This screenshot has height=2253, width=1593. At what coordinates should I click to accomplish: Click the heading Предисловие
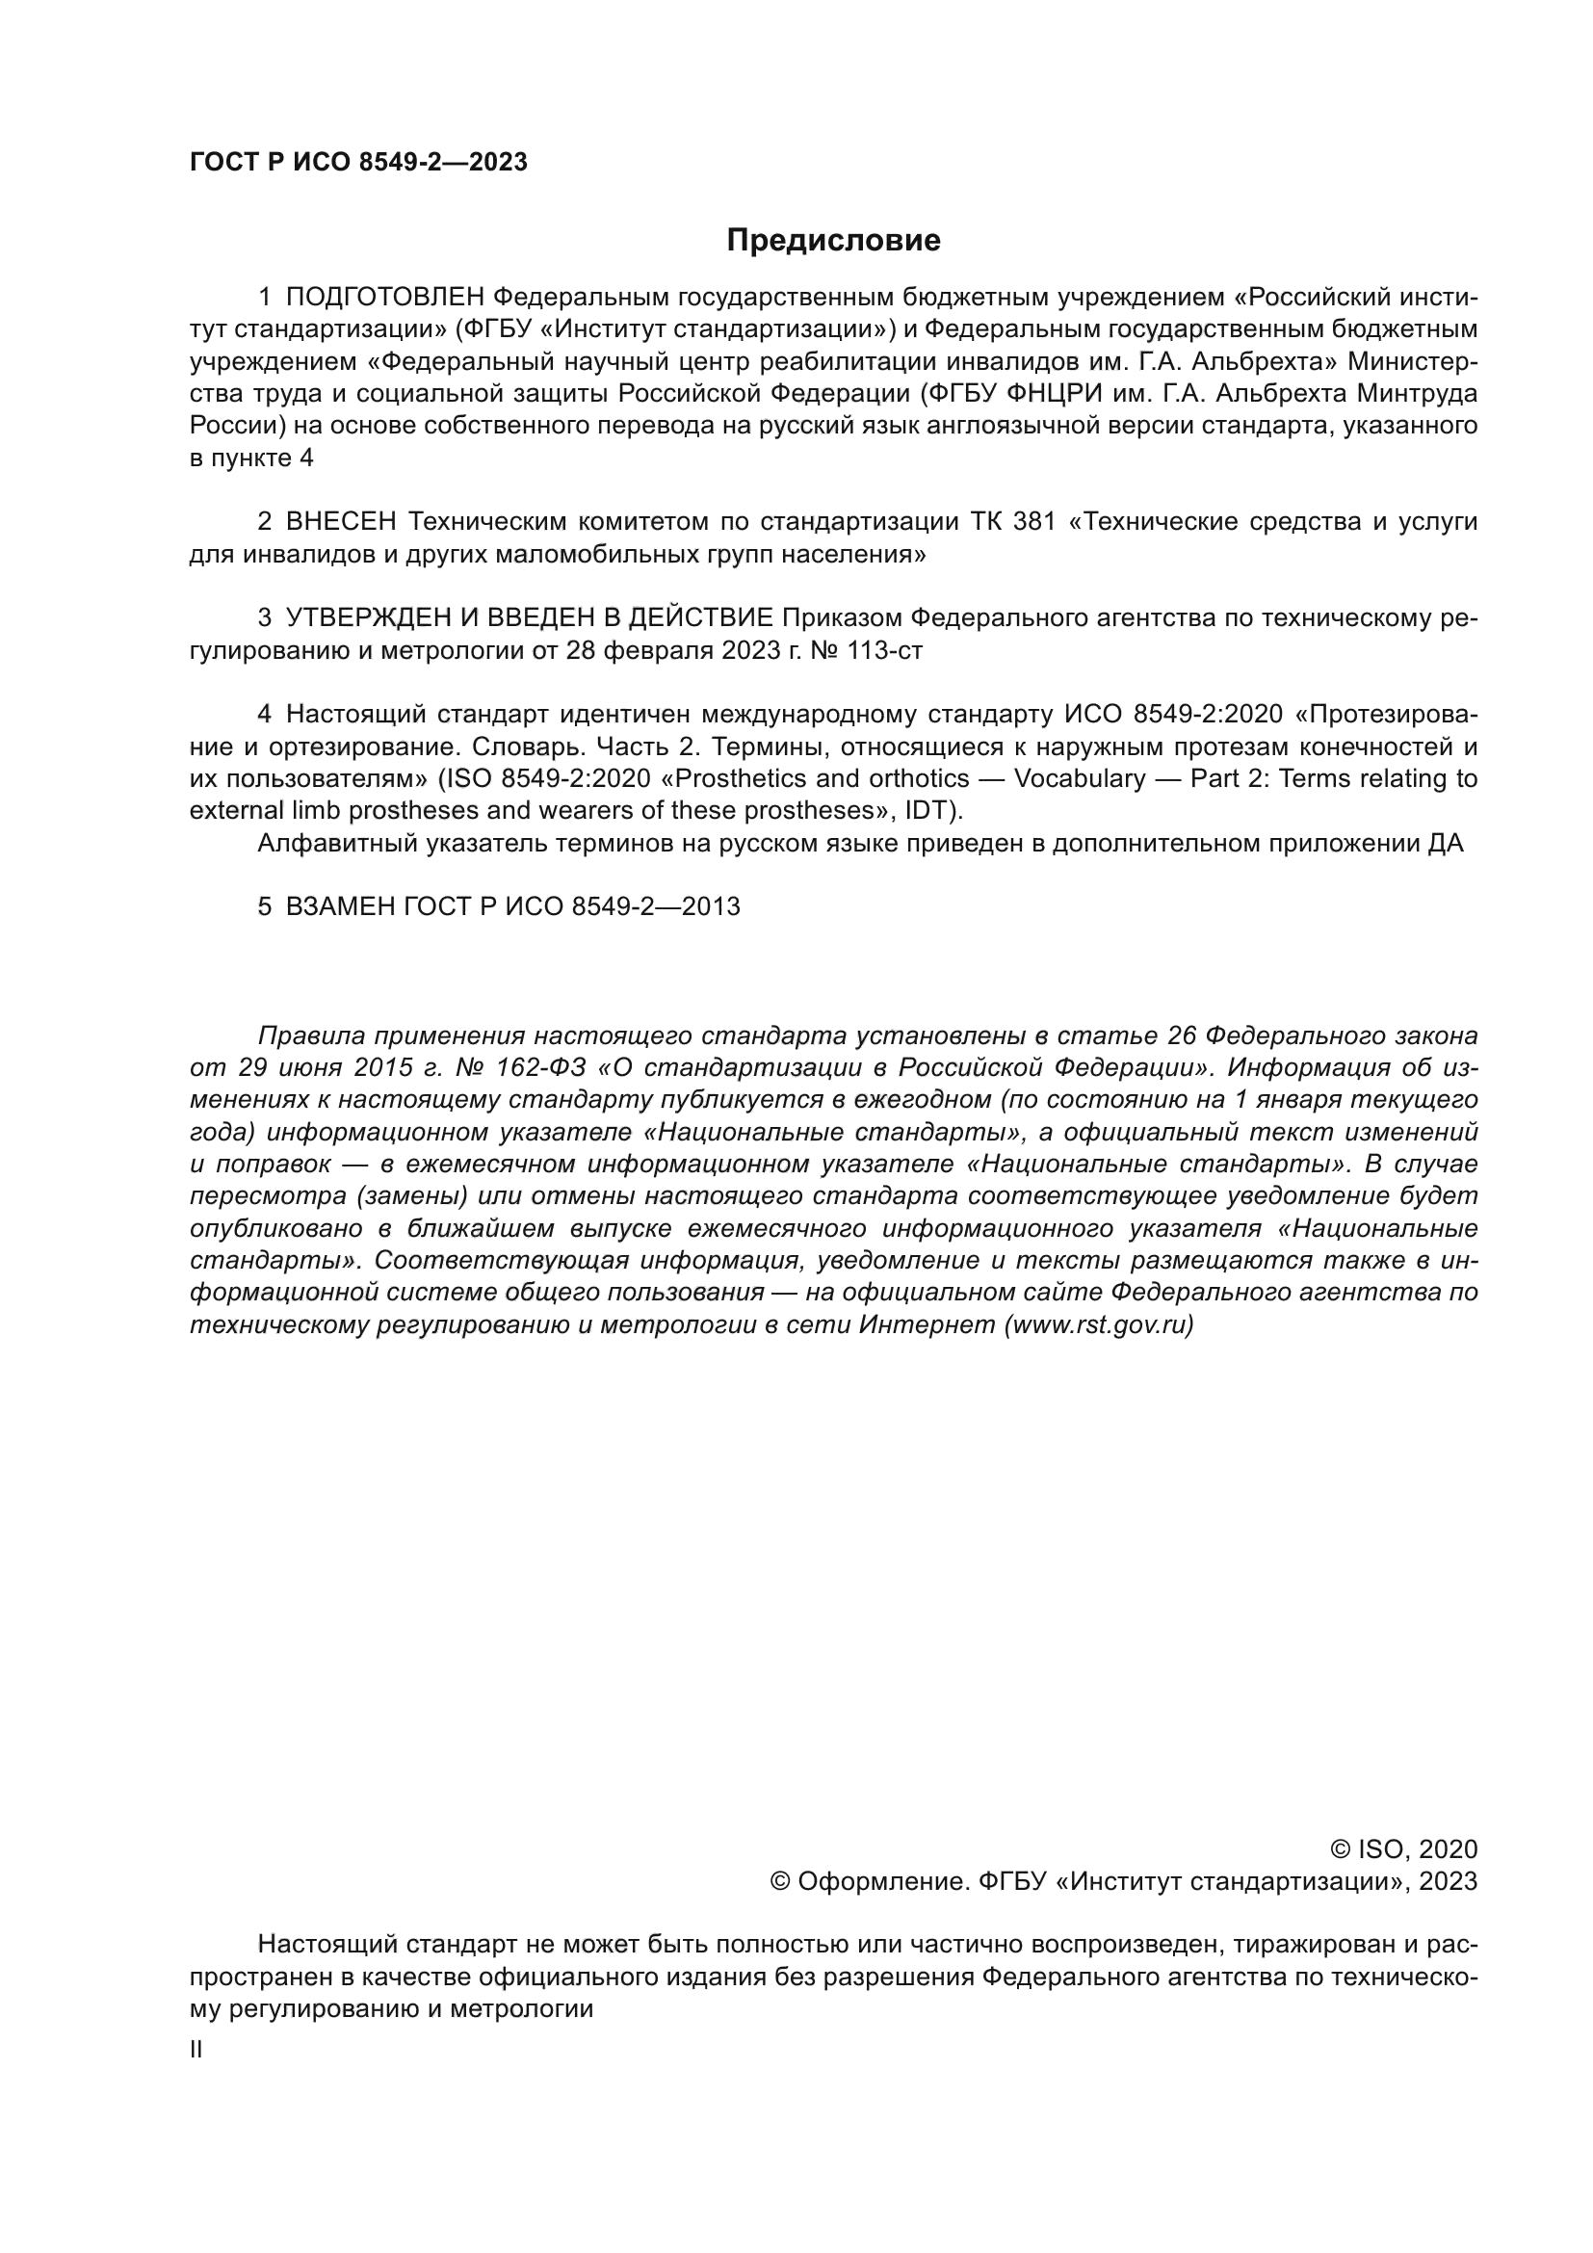pos(833,241)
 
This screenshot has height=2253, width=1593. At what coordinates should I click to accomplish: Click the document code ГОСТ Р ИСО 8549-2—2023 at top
pos(358,163)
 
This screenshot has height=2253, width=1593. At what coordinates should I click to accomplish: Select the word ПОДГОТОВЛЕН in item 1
pos(384,297)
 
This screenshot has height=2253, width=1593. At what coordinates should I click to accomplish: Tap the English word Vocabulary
pos(1079,779)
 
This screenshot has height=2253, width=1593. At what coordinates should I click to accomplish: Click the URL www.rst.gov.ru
pos(1099,1325)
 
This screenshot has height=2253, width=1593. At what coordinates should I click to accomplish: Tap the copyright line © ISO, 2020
pos(1403,1849)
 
